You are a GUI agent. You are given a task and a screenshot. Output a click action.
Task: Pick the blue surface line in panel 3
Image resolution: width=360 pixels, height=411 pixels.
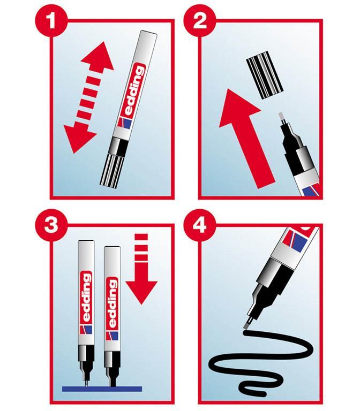(x=102, y=387)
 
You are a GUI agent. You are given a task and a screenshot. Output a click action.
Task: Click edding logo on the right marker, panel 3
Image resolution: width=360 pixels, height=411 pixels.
(x=112, y=302)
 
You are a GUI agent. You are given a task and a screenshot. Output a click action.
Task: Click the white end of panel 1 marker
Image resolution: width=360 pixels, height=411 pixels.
(x=146, y=41)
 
